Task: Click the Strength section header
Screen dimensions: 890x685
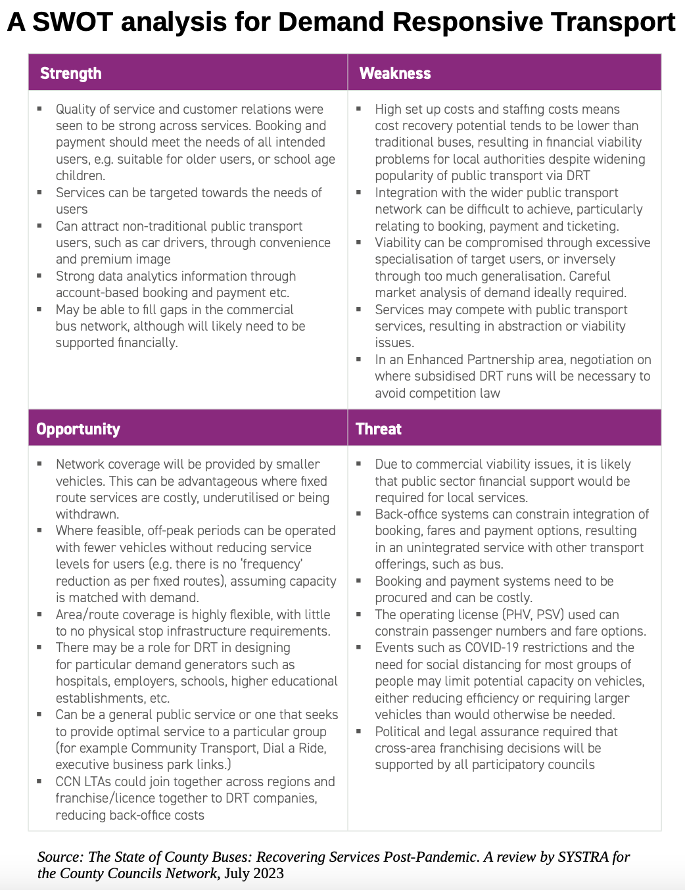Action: tap(71, 74)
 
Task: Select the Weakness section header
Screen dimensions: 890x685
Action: tap(395, 74)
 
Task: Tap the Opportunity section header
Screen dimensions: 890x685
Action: tap(78, 429)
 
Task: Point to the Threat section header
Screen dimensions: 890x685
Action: tap(379, 429)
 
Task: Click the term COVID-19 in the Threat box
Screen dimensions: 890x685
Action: tap(492, 647)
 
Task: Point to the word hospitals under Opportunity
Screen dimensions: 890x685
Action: tap(82, 681)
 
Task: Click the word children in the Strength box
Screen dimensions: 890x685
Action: tap(79, 176)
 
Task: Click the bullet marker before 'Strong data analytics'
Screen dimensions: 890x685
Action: tap(39, 275)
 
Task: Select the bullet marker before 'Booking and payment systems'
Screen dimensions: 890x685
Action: tap(359, 580)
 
